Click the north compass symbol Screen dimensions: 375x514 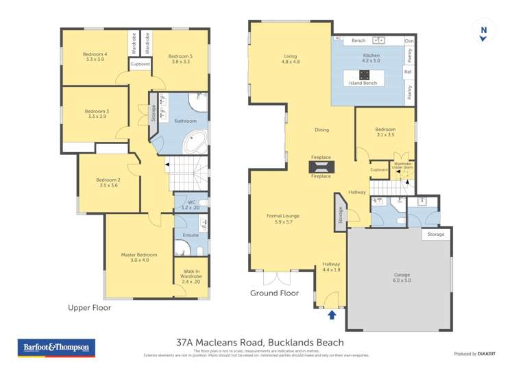tap(485, 31)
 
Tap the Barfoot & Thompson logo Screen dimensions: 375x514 tap(56, 348)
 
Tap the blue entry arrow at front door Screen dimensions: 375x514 tap(332, 315)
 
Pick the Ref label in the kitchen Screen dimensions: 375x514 tap(408, 71)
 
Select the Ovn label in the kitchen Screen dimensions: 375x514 tap(409, 40)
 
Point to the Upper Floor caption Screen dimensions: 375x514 tap(89, 308)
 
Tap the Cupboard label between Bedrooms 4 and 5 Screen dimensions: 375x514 tap(140, 64)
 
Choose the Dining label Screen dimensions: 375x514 tap(321, 130)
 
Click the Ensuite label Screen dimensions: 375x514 tap(190, 234)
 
